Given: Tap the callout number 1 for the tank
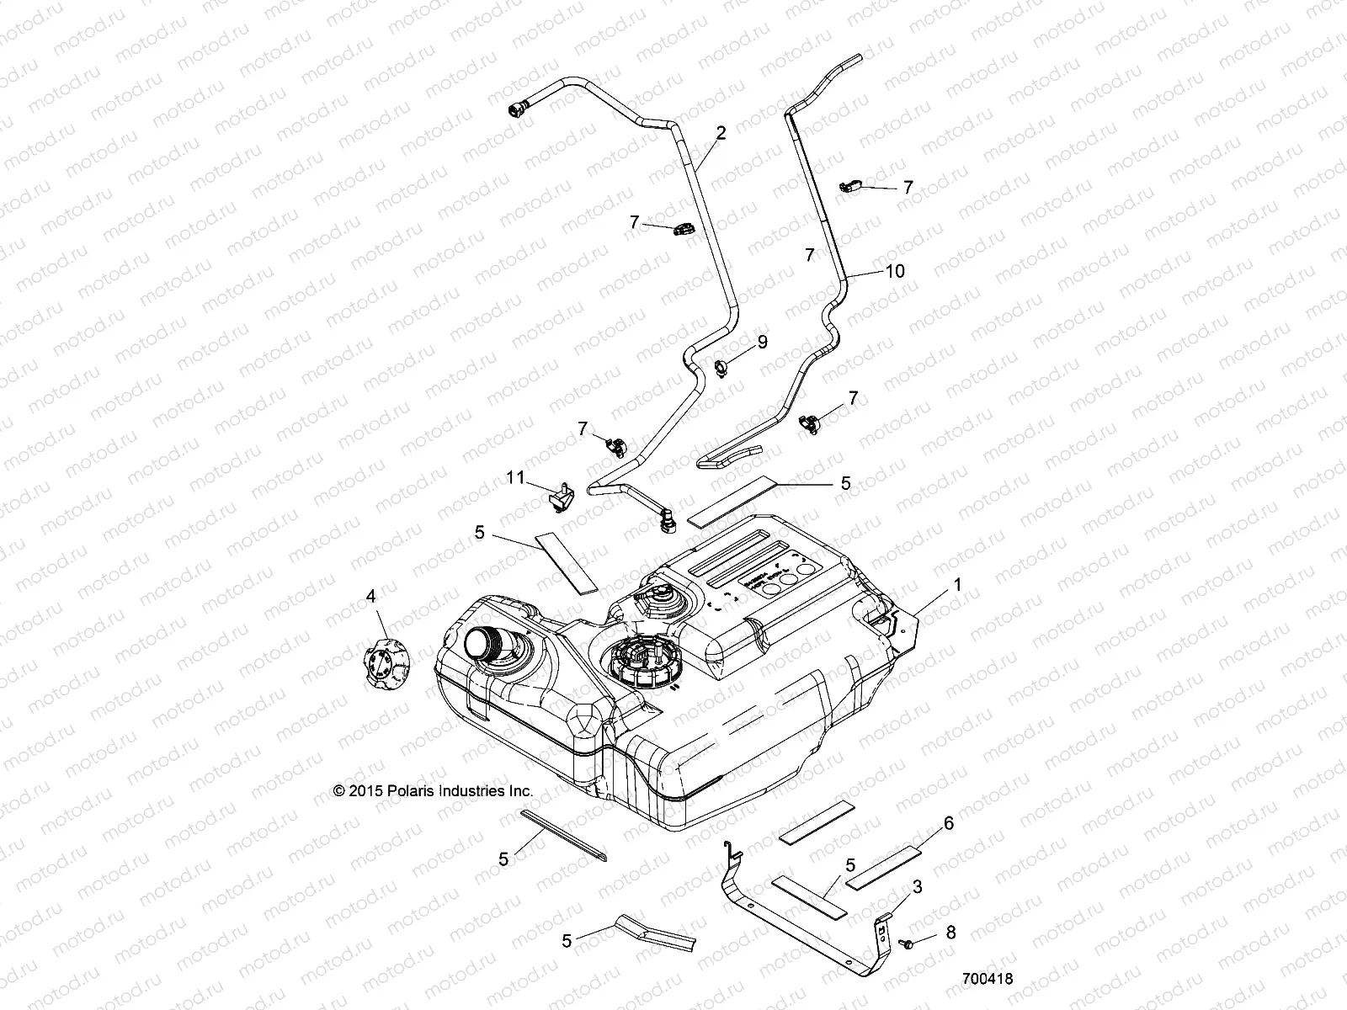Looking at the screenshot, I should (957, 582).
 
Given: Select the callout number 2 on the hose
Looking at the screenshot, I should (721, 132).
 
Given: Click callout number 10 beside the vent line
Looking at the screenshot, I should (894, 270).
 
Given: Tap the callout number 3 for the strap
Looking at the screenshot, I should (918, 887).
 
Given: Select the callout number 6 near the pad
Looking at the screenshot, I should (949, 823).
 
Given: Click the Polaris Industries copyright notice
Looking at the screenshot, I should (434, 791).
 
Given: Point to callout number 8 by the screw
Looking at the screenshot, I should (951, 933).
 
